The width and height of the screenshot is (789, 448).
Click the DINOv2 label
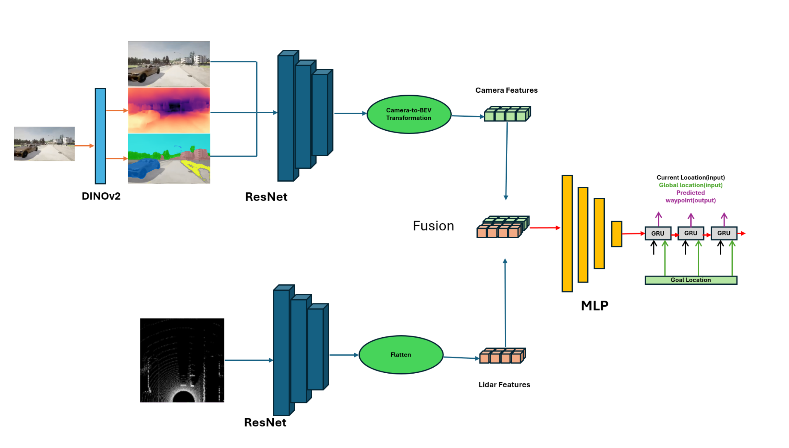(x=101, y=196)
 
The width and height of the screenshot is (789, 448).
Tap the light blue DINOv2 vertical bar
(x=100, y=136)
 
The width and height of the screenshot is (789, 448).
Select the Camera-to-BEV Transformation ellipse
(x=408, y=114)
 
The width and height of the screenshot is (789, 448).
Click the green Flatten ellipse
(x=401, y=355)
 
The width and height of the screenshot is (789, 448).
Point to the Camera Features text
(x=506, y=90)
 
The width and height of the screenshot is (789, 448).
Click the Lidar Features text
(x=504, y=385)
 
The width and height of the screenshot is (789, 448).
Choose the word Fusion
(x=433, y=226)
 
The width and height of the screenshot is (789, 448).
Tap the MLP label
(x=594, y=306)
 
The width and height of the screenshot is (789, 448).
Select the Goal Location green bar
(x=691, y=280)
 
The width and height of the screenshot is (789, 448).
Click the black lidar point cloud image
(x=182, y=360)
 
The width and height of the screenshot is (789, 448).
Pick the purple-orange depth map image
(x=169, y=110)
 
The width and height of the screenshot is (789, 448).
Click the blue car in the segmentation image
(x=144, y=169)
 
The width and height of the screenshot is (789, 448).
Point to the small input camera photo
(x=44, y=144)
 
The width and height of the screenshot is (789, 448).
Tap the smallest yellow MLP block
(x=616, y=234)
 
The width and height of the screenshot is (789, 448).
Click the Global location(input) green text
(x=690, y=185)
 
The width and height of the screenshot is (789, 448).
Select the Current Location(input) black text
(x=690, y=177)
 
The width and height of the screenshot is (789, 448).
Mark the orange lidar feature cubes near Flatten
(x=502, y=356)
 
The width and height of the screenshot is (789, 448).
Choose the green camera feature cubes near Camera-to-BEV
(x=507, y=114)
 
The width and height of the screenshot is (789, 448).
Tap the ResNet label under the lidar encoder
(x=265, y=422)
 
